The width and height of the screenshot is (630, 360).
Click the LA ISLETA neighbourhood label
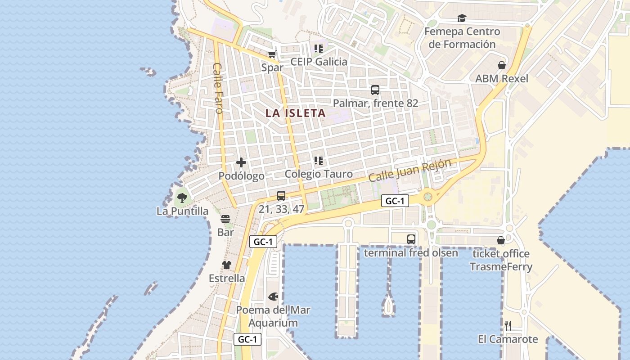[x=295, y=113]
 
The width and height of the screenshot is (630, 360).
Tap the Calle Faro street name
[x=218, y=88]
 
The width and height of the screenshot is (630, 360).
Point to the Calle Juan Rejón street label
[x=409, y=170]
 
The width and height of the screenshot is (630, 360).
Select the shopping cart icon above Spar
[x=272, y=54]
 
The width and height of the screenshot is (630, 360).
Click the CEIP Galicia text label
[x=319, y=62]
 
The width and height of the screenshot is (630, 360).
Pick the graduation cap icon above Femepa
[x=462, y=18]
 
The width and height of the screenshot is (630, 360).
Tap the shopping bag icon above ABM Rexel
[x=502, y=66]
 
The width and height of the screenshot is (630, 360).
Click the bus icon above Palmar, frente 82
[x=375, y=90]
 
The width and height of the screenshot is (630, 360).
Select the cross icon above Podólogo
[x=241, y=162]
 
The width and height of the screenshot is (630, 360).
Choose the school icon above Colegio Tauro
[x=319, y=161]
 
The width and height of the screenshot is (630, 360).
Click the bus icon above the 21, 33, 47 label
[x=281, y=196]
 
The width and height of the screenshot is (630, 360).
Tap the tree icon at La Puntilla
[x=182, y=198]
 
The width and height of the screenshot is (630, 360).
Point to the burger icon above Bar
[x=225, y=219]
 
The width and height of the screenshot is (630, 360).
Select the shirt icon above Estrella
[x=227, y=265]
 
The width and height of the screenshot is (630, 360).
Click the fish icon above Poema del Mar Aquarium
[x=273, y=297]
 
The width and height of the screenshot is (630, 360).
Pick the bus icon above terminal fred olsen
[x=411, y=239]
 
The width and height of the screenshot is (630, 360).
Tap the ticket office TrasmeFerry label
[x=501, y=260]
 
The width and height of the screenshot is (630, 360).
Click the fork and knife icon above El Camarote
[x=508, y=325]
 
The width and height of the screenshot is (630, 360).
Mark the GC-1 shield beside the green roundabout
[x=395, y=201]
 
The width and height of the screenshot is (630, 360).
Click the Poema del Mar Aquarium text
[x=273, y=316]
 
